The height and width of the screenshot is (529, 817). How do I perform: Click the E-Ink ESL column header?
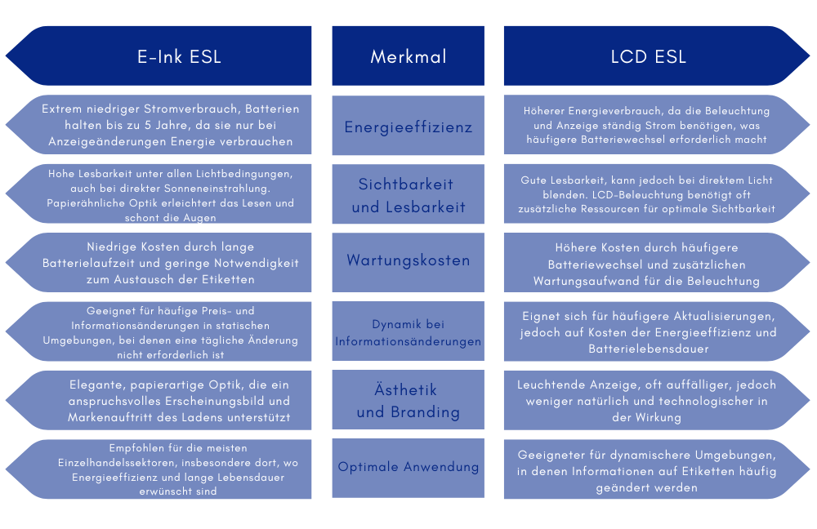[x=179, y=57]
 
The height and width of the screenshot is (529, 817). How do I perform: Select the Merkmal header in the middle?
[x=408, y=57]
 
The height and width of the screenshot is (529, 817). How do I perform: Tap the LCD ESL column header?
[x=648, y=57]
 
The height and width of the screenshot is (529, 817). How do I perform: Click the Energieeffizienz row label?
[x=408, y=127]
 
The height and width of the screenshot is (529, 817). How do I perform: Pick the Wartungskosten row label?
[x=408, y=261]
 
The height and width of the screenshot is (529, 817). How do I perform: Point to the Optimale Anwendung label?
[x=408, y=467]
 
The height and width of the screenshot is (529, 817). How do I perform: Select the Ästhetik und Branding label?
[x=408, y=401]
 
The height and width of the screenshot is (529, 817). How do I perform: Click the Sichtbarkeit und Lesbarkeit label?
[x=408, y=195]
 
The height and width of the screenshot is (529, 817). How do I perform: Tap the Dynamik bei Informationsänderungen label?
[x=408, y=332]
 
